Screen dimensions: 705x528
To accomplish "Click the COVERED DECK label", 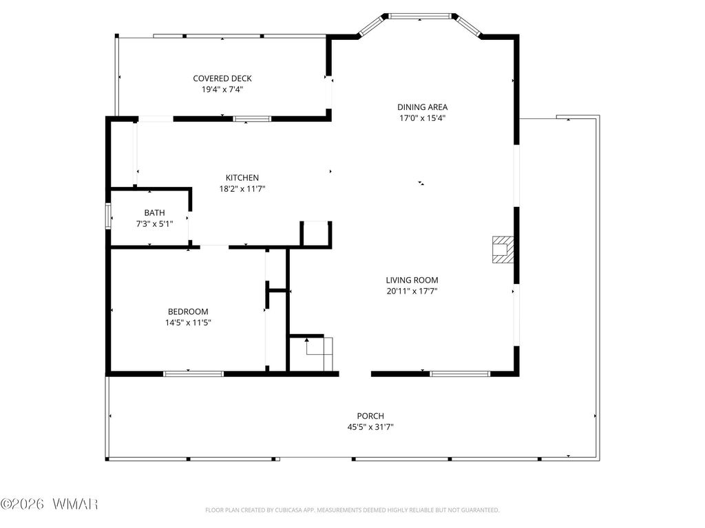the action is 222,78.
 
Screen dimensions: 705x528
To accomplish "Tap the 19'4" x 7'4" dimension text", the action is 222,89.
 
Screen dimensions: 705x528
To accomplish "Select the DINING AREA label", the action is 422,107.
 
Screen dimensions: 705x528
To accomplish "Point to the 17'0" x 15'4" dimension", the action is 422,118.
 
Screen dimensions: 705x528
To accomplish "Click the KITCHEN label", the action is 242,178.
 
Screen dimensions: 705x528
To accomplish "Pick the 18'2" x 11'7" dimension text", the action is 242,189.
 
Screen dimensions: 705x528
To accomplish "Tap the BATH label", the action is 154,213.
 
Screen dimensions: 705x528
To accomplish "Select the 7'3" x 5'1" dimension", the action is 154,223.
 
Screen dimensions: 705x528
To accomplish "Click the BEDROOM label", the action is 188,311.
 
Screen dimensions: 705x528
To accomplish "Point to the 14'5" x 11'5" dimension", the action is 188,322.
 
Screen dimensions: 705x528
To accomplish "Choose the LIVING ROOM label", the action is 412,280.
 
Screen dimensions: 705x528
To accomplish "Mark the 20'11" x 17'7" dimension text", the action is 412,291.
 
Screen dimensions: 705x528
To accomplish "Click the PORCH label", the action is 370,416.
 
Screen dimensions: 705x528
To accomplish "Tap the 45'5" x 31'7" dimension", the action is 370,427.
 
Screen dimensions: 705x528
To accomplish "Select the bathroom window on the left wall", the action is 108,216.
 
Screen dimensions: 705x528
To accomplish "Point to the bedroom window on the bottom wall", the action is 193,373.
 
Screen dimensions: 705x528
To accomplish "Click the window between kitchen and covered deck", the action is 252,119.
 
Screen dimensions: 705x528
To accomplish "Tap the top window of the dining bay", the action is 420,16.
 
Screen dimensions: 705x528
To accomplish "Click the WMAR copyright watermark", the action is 49,504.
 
